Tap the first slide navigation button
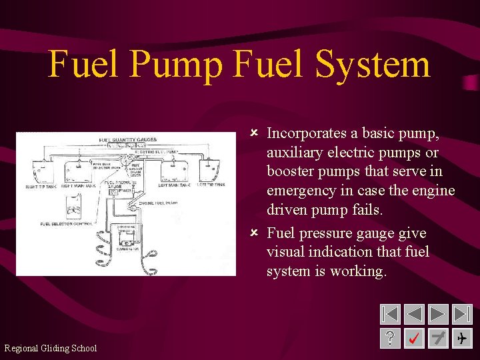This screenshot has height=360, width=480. point(390,314)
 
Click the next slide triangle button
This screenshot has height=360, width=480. point(438,314)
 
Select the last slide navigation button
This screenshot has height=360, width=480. point(461,314)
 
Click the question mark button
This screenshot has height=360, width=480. point(390,339)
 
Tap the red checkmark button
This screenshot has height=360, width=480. point(414,339)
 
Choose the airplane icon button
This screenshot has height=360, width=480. point(461,339)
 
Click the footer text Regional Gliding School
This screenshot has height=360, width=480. point(51,348)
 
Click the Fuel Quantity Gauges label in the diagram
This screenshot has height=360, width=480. point(127,140)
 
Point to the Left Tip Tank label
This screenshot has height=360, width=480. point(211,185)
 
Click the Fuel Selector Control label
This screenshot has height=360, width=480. point(66,223)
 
